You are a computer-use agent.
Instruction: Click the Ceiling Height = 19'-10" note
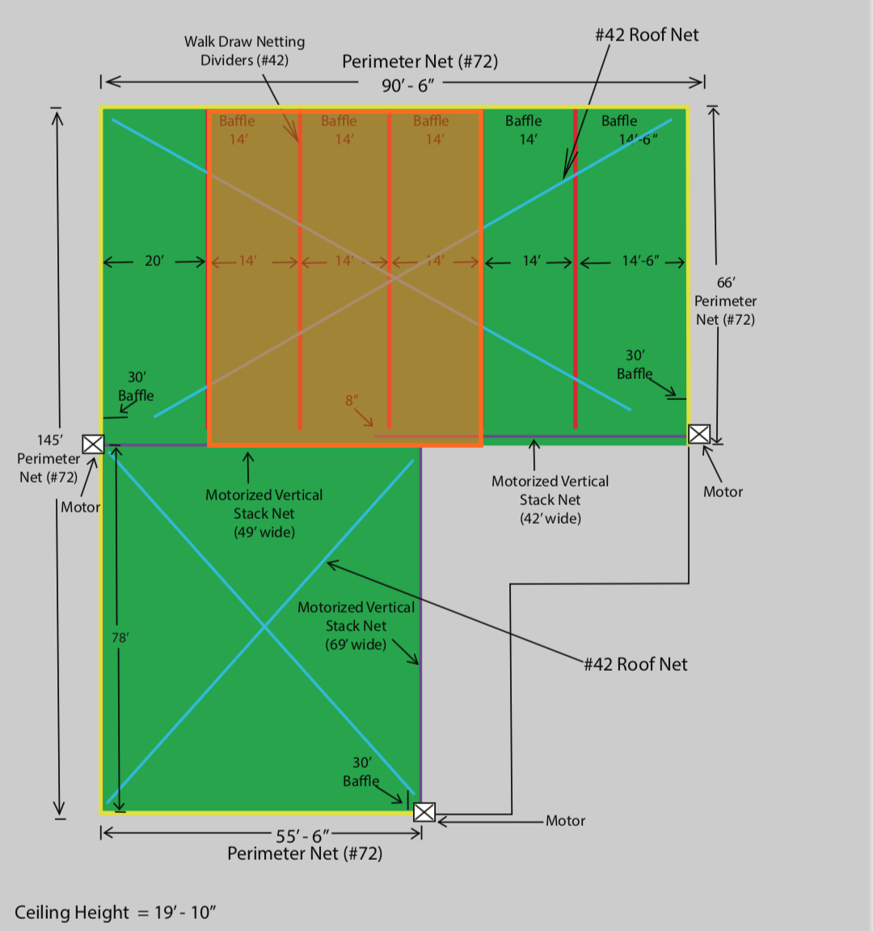(116, 912)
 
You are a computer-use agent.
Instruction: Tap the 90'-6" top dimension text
(409, 85)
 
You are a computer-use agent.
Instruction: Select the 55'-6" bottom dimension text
(302, 836)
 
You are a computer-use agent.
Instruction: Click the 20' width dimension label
(154, 261)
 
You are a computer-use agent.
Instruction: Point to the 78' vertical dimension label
(120, 638)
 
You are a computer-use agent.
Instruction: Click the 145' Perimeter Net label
(48, 458)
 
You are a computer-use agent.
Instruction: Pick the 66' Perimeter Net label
(725, 301)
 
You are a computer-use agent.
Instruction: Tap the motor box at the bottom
(424, 812)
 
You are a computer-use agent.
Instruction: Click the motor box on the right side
(699, 434)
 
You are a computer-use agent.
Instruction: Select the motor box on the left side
(93, 444)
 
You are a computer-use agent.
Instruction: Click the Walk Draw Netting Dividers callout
(244, 51)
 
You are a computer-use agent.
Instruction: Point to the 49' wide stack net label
(264, 513)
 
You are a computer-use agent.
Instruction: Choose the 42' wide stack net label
(550, 499)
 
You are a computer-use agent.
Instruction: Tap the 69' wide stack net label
(356, 626)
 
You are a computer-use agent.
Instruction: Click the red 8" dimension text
(352, 401)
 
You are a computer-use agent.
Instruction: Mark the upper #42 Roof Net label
(647, 35)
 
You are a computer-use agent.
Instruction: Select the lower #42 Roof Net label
(635, 664)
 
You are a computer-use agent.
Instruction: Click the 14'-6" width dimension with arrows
(640, 261)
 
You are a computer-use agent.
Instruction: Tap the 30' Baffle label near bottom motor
(361, 772)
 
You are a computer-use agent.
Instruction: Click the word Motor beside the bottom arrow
(565, 821)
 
